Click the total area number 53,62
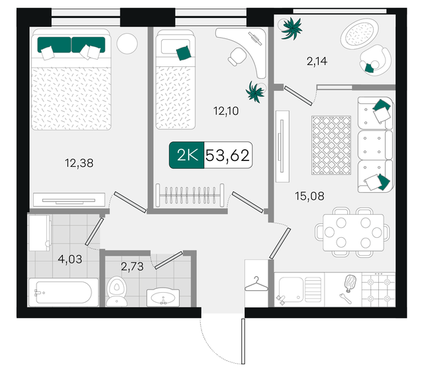(228, 156)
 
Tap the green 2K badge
(186, 156)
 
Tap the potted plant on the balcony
(291, 29)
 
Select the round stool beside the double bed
(127, 44)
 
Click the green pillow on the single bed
(183, 52)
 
